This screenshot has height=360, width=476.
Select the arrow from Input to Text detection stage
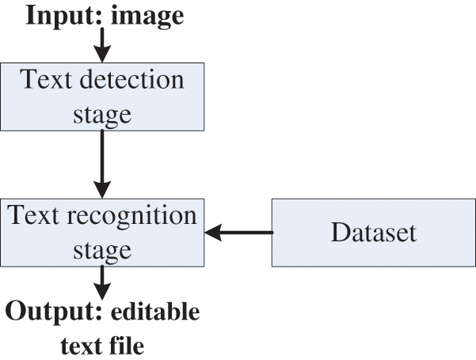click(102, 46)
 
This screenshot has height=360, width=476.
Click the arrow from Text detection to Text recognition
click(102, 162)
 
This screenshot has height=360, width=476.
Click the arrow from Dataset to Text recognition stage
click(238, 233)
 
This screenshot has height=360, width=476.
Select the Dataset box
click(374, 233)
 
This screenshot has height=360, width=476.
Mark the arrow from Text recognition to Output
click(102, 281)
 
